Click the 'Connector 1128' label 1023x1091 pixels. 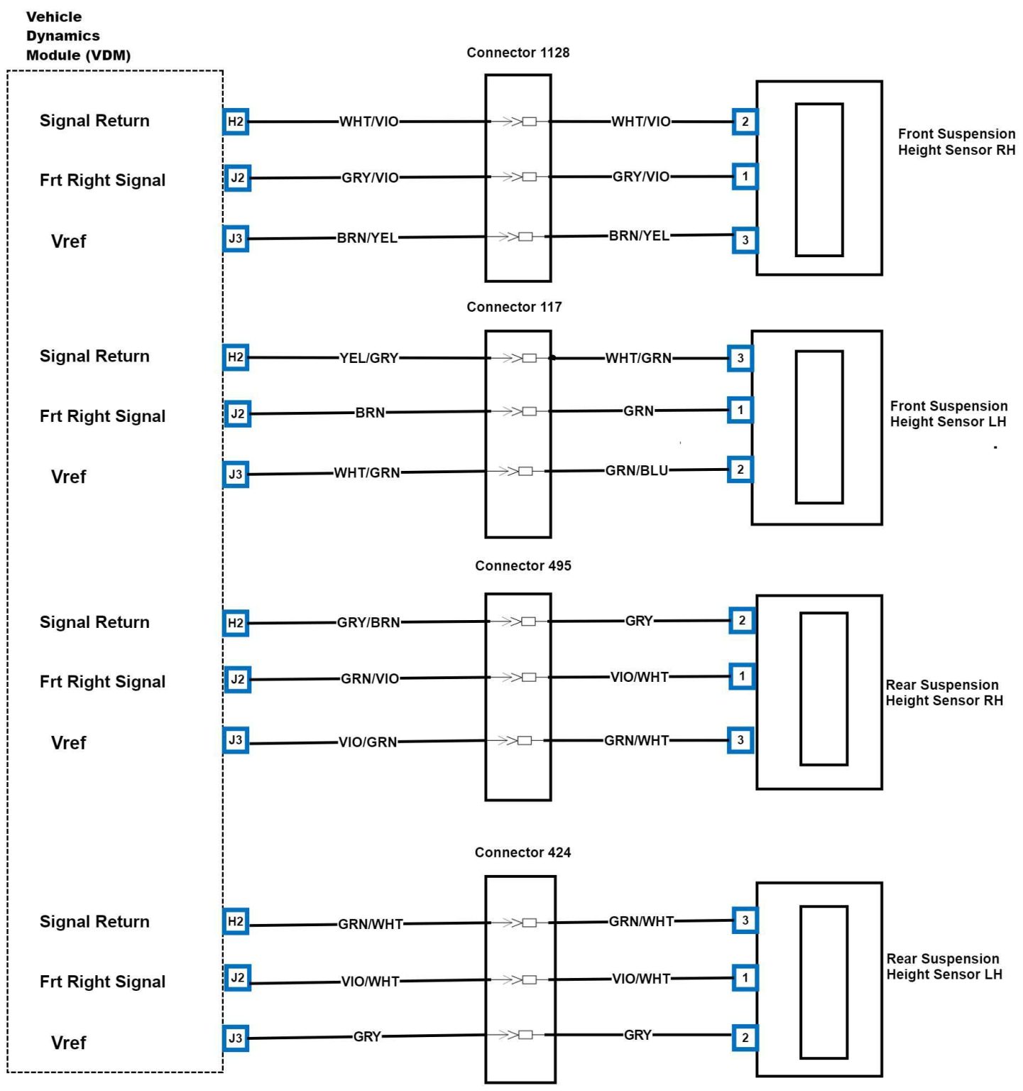pos(518,53)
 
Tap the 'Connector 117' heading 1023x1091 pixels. pos(514,307)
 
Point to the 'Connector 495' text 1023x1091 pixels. pos(523,565)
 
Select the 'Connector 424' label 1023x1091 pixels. pos(523,852)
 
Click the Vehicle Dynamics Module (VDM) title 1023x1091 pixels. pos(78,36)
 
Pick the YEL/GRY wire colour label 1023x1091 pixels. pos(368,358)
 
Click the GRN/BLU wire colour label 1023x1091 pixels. pos(636,470)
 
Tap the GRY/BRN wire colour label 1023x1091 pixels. pos(368,622)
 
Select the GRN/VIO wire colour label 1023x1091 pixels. pos(369,678)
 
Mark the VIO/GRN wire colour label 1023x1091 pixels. pos(367,742)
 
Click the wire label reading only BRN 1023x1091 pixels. pos(370,412)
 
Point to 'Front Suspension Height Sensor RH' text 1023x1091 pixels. pos(956,141)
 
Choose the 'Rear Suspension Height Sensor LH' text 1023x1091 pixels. pos(943,966)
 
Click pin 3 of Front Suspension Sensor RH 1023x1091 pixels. pos(745,239)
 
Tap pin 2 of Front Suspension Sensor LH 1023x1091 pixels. pos(740,469)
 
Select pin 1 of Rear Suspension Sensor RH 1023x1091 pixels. pos(742,676)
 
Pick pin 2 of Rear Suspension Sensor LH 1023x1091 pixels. pos(745,1037)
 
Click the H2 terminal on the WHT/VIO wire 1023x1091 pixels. pos(236,121)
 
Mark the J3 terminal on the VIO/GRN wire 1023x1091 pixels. pos(236,740)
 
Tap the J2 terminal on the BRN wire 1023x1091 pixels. pos(237,413)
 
